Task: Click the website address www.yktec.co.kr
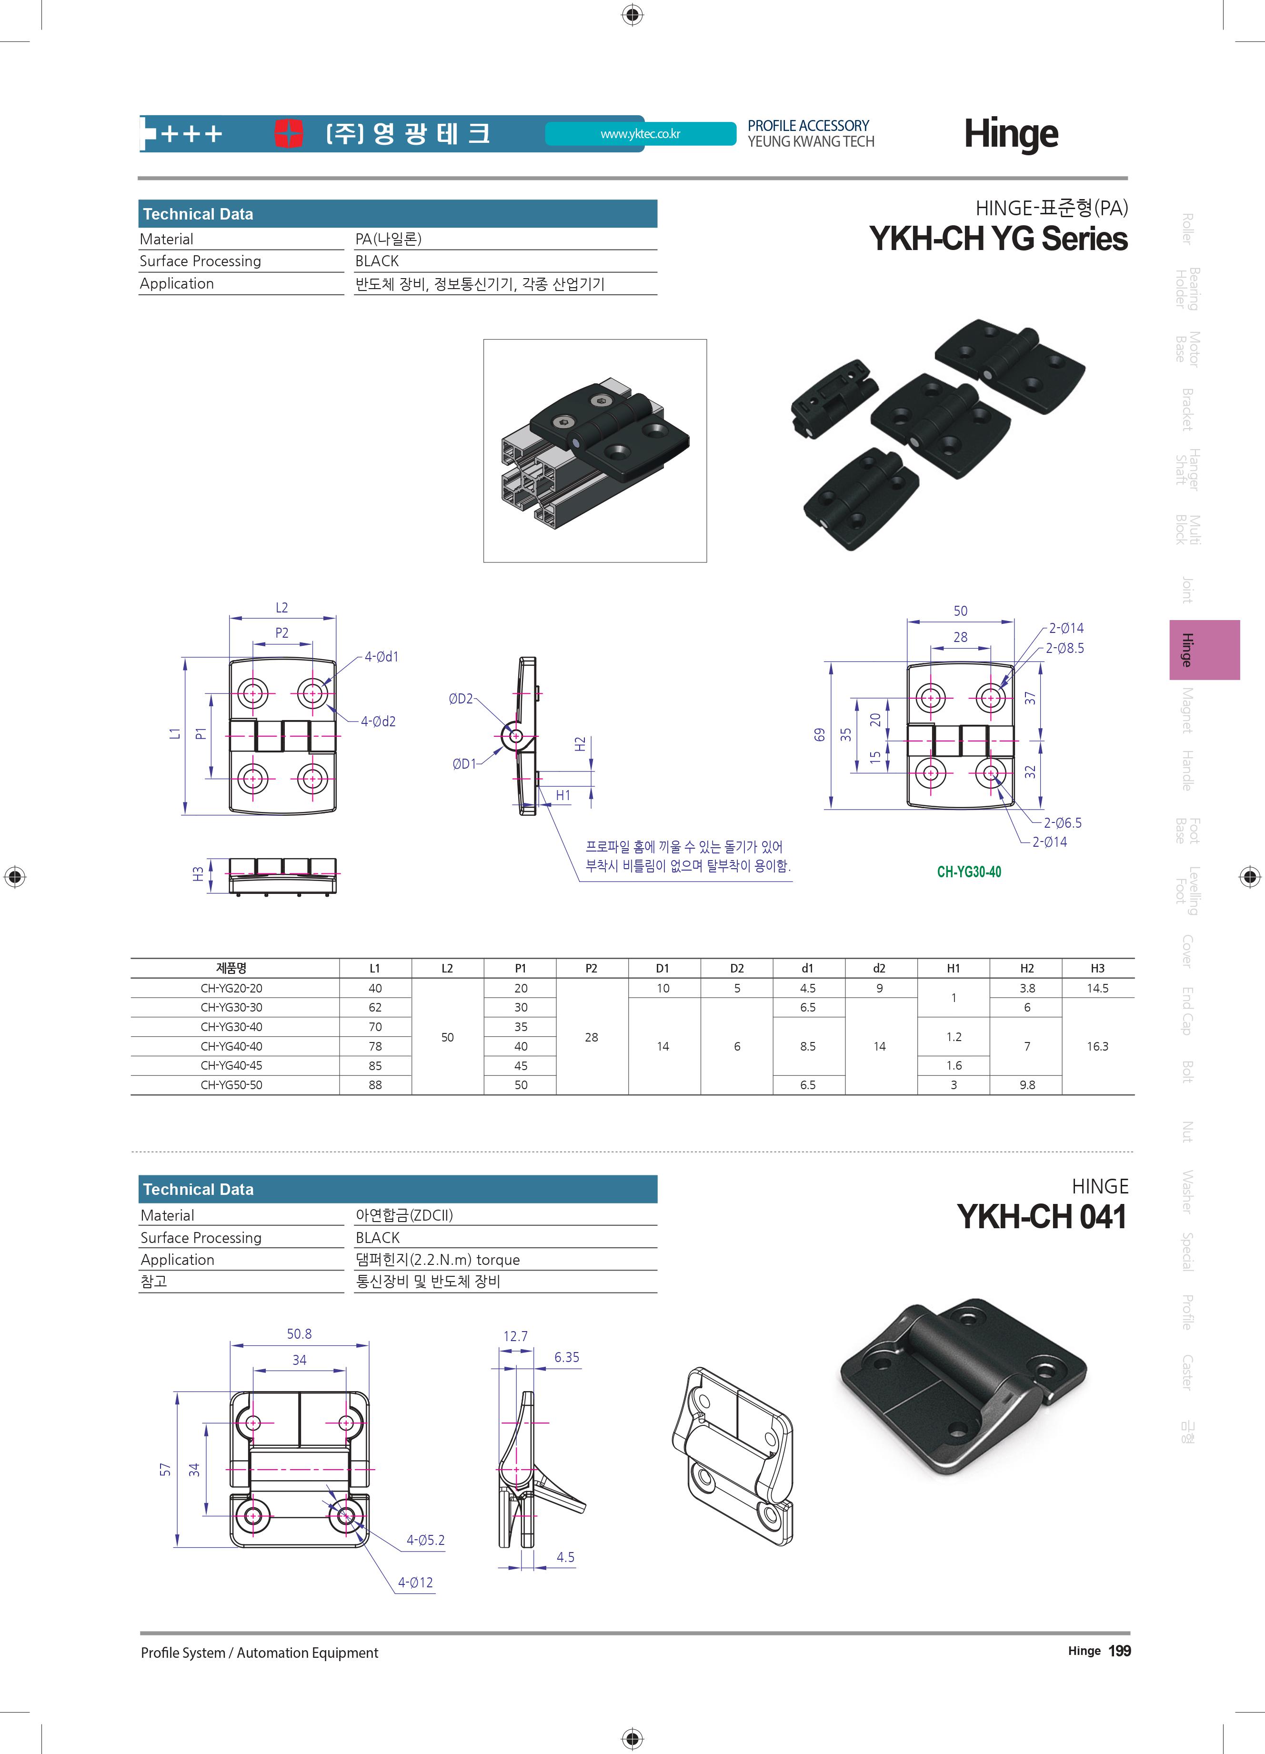click(640, 134)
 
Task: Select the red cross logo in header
click(289, 133)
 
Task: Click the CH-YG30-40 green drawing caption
click(969, 872)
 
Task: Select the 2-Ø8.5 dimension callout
click(1065, 648)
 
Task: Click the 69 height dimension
click(820, 735)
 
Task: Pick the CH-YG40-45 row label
click(231, 1065)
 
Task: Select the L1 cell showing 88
click(375, 1085)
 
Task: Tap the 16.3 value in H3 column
click(1097, 1046)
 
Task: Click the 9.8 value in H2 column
click(1026, 1085)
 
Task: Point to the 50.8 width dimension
click(299, 1333)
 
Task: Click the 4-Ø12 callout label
click(415, 1582)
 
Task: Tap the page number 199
click(1119, 1651)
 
